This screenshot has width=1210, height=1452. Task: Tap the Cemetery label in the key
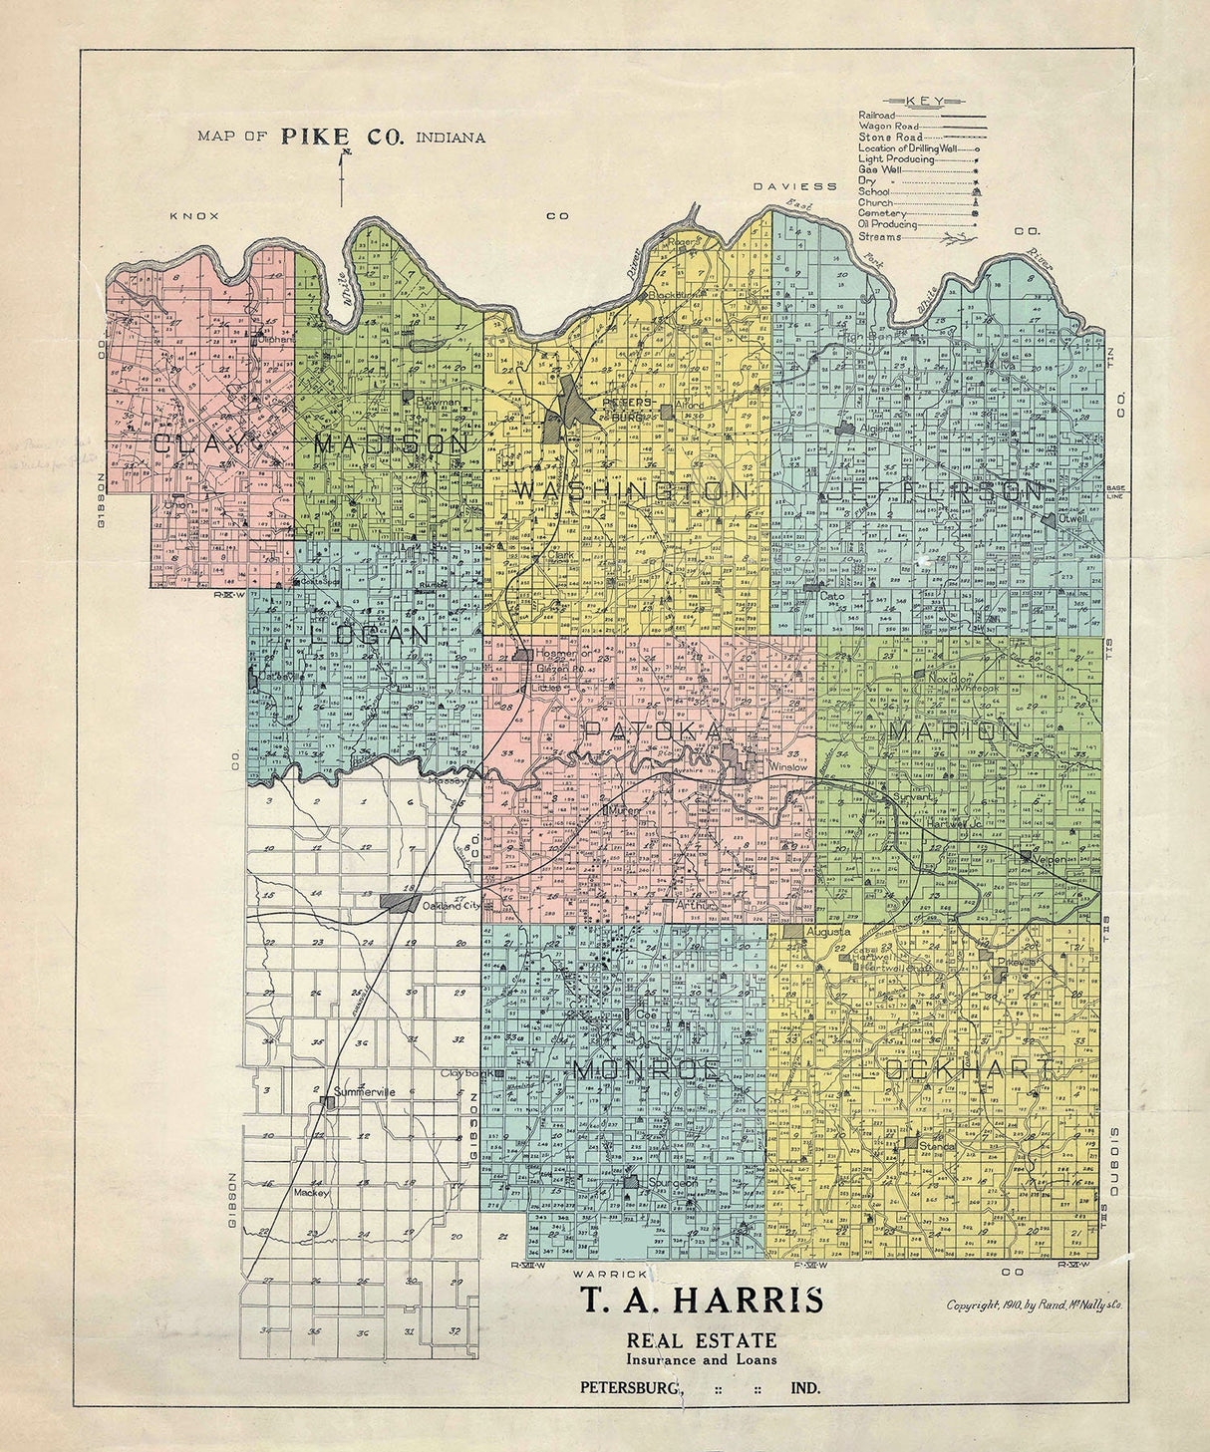click(882, 213)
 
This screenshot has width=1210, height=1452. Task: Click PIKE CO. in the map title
click(342, 138)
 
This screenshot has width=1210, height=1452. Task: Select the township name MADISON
click(391, 443)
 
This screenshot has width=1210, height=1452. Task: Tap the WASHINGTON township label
click(631, 491)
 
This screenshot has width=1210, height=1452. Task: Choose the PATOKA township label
click(652, 731)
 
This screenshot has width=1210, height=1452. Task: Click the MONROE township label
click(646, 1069)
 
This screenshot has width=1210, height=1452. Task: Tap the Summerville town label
click(365, 1092)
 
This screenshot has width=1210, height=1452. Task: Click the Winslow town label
click(791, 767)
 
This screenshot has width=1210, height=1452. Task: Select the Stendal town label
click(937, 1146)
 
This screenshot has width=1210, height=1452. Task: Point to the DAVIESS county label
click(795, 186)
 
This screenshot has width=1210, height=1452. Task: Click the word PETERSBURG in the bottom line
click(633, 1387)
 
